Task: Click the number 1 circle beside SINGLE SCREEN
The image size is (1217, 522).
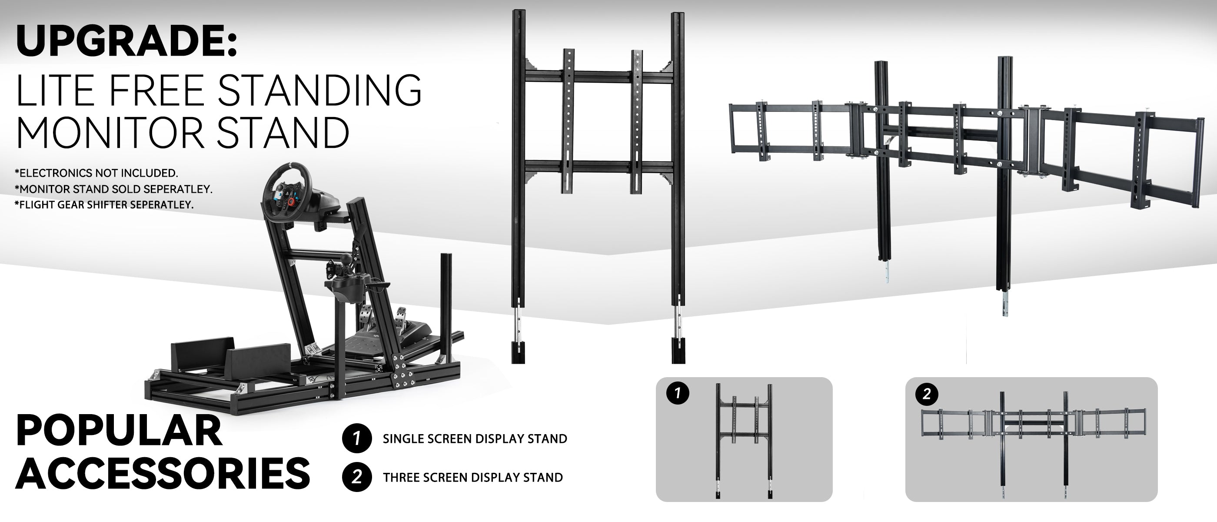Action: click(x=357, y=438)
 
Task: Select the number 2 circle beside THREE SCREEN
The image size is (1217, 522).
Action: click(x=357, y=477)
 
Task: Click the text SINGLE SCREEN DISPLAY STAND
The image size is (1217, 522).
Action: click(x=475, y=439)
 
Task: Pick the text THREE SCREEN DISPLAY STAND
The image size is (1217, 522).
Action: click(x=473, y=478)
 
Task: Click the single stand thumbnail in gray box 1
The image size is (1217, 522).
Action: click(x=744, y=440)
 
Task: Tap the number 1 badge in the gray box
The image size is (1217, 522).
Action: click(x=678, y=394)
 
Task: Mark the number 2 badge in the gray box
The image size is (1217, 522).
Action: click(x=927, y=394)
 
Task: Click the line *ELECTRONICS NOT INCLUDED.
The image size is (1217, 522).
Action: click(x=96, y=173)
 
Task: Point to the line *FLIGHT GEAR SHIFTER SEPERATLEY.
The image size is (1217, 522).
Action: click(x=104, y=205)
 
